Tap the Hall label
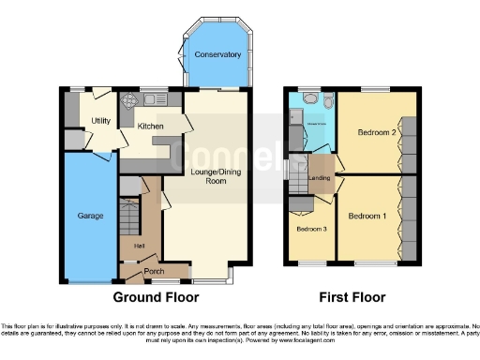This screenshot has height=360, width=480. [x=139, y=246]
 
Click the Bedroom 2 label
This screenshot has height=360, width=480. [x=375, y=132]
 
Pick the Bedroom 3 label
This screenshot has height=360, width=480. [x=310, y=229]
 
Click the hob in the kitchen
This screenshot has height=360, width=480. [x=127, y=99]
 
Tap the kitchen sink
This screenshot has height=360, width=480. [x=154, y=98]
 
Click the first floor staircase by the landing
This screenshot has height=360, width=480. [x=298, y=172]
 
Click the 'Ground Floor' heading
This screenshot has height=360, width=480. [x=156, y=297]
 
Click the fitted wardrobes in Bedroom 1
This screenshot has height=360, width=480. [x=408, y=220]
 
